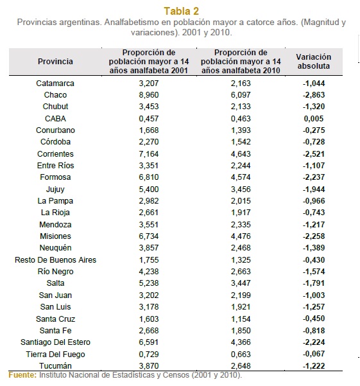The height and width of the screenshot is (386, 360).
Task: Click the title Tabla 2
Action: (181, 11)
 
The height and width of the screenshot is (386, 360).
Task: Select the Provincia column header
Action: (55, 61)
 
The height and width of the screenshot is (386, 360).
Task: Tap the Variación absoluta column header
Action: (314, 61)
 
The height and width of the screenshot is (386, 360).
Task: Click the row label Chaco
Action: (55, 95)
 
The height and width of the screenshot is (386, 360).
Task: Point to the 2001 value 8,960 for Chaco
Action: (149, 95)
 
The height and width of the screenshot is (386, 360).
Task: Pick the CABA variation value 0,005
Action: (314, 118)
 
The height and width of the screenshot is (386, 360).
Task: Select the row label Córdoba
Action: (55, 142)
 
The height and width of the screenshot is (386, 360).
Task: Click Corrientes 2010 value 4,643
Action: (241, 154)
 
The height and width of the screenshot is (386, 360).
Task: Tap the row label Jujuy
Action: (55, 189)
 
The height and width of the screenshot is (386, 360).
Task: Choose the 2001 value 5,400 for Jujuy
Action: (149, 189)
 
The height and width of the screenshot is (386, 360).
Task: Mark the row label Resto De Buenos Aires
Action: (55, 260)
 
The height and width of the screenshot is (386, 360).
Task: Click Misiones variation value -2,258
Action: (314, 236)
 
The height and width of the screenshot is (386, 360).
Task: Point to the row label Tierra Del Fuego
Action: (55, 355)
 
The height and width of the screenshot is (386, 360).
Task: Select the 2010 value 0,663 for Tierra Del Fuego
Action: (241, 355)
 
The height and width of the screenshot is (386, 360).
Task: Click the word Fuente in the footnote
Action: (22, 375)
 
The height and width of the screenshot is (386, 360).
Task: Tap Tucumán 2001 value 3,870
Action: (149, 366)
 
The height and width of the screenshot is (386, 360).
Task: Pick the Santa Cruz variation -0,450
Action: (314, 319)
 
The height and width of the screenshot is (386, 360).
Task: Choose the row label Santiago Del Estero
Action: (55, 342)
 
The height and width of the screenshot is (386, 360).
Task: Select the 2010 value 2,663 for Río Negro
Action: (241, 272)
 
